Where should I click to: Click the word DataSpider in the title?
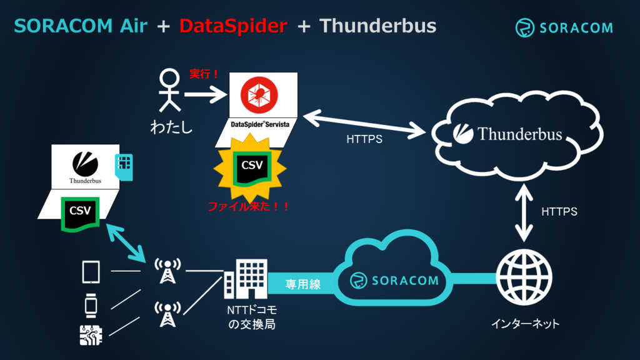coord(233,26)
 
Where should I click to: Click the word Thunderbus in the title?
coord(378,26)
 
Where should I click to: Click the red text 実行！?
coord(204,74)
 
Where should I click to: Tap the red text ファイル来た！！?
coord(249,206)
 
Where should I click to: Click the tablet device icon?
coord(91,272)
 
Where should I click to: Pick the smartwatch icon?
coord(91,305)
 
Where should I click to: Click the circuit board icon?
coord(91,336)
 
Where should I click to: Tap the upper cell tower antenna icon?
coord(167,271)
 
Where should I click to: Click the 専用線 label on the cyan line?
coord(303,284)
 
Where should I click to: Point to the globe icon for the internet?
coord(524,279)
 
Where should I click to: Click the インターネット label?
coord(525,324)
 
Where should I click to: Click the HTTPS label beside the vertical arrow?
coord(559,212)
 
